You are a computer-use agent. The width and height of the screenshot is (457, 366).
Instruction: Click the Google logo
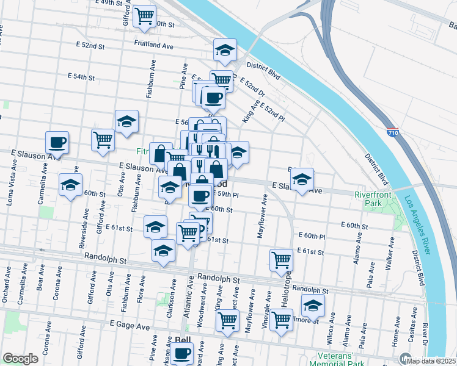(20, 359)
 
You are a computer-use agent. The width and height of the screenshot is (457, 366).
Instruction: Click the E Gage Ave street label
(129, 327)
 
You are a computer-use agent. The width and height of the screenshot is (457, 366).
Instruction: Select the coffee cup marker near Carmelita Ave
(57, 143)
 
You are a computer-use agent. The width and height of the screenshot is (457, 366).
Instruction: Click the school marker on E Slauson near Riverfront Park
(302, 179)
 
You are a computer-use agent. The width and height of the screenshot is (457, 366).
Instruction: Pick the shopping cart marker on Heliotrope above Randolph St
(281, 259)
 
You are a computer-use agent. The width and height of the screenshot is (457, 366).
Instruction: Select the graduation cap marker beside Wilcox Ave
(313, 305)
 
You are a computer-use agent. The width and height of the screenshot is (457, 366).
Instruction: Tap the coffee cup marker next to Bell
(181, 353)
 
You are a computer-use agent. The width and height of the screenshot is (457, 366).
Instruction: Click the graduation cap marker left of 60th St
(70, 185)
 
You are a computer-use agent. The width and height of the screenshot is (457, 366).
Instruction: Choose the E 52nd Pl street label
(272, 110)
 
